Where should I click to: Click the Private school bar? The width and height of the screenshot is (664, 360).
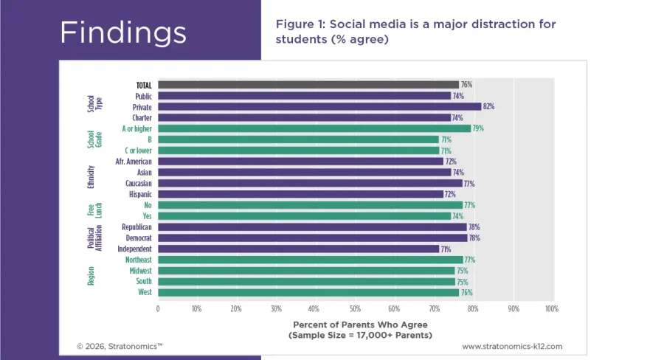(319, 107)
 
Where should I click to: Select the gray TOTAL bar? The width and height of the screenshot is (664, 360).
(308, 85)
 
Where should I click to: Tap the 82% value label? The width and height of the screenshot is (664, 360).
(488, 107)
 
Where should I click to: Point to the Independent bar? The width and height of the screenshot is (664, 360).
(298, 249)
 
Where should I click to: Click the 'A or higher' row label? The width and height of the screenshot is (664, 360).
(136, 128)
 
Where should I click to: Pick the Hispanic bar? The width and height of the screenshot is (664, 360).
(300, 194)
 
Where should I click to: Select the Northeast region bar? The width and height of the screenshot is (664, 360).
(310, 260)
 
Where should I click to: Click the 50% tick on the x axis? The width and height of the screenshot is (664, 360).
(354, 308)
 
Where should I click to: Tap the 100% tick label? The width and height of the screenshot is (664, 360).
(551, 308)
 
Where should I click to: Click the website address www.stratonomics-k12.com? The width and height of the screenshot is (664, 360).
(512, 346)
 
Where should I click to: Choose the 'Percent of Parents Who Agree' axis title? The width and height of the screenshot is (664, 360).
(360, 324)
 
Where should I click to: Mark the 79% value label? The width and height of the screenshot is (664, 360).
(477, 128)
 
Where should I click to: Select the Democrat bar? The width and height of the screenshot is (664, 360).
(312, 238)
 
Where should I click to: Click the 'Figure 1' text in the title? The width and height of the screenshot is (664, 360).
(298, 24)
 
